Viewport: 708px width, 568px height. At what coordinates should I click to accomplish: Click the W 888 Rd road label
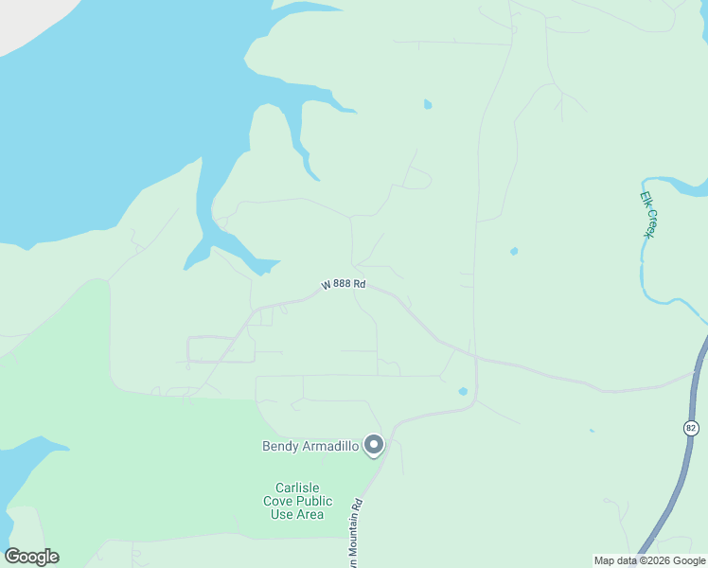point(343,284)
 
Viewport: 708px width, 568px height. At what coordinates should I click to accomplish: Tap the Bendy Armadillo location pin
point(374,444)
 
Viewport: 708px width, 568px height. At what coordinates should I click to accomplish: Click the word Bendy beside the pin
point(281,446)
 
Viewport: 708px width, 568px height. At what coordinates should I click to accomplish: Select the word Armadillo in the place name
point(331,446)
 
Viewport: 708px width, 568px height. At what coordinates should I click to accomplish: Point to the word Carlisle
point(292,488)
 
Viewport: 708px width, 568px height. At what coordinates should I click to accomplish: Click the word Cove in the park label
point(279,502)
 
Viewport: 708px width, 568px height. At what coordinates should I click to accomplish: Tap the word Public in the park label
point(315,502)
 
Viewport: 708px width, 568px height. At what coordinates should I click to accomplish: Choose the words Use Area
point(297,515)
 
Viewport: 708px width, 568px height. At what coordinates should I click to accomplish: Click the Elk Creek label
point(647,215)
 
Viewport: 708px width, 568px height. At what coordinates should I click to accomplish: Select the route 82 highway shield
point(690,429)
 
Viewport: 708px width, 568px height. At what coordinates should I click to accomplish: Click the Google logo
point(32,557)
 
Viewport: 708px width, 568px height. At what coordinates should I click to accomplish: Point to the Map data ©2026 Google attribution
point(649,560)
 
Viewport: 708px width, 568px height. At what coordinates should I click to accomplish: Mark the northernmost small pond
point(428,104)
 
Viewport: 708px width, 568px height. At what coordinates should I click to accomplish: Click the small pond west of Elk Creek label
point(514,252)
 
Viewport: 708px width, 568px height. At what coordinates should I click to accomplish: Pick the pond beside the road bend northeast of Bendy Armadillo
point(463,391)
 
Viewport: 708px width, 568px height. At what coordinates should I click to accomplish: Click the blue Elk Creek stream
point(644,275)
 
